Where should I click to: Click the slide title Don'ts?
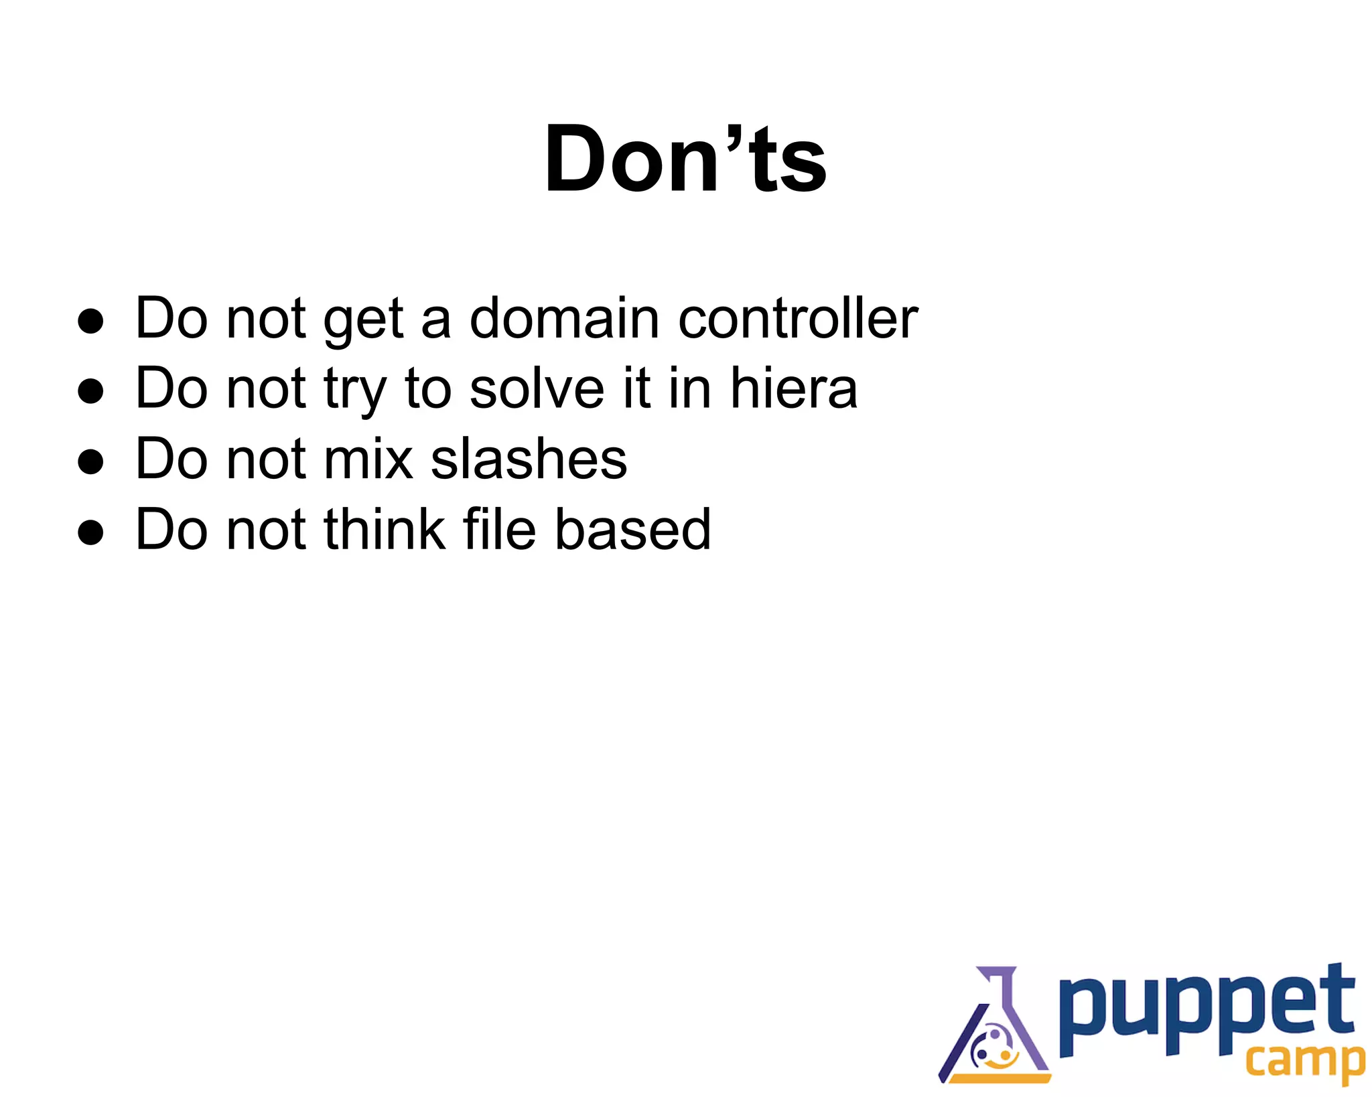tap(685, 159)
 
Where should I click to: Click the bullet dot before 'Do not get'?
tap(90, 321)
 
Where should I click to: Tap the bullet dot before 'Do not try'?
tap(90, 391)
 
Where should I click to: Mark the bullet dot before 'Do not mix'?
tap(90, 461)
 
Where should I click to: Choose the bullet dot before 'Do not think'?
tap(90, 532)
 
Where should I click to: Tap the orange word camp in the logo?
tap(1304, 1061)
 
